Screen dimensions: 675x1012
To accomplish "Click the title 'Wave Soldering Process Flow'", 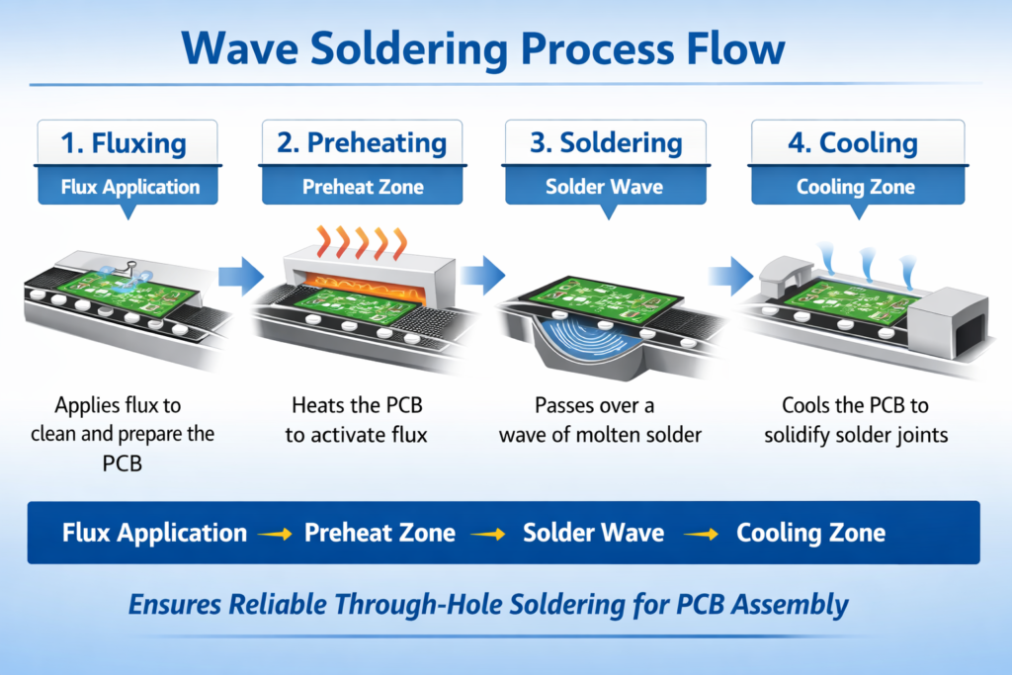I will click(x=505, y=48).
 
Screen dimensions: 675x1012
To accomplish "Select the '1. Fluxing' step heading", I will click(x=123, y=142).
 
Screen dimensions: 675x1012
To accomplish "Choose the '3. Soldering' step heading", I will click(x=607, y=142).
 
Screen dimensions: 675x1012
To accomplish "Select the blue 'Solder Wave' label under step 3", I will click(x=606, y=187).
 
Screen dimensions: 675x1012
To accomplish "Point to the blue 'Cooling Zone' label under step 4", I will click(x=855, y=187).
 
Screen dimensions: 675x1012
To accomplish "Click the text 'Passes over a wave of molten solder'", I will click(x=602, y=420).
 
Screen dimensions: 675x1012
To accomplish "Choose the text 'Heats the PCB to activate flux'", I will click(x=357, y=420).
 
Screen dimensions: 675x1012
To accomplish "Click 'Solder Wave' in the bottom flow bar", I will click(x=592, y=533).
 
